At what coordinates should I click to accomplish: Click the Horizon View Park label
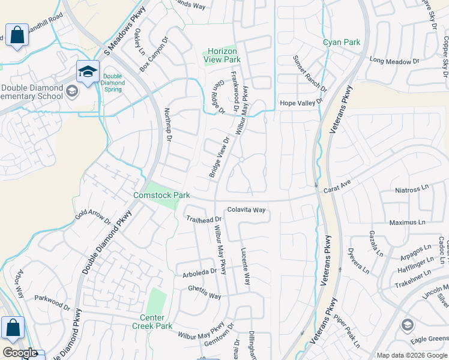(222, 55)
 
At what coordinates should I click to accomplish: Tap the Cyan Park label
(342, 42)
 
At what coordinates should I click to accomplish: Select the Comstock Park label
(161, 195)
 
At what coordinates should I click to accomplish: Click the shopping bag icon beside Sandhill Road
(16, 35)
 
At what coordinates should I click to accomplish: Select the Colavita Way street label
(246, 210)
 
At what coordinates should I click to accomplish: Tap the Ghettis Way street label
(204, 296)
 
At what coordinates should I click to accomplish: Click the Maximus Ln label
(406, 222)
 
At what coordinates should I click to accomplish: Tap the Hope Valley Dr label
(301, 103)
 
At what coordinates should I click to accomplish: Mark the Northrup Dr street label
(168, 125)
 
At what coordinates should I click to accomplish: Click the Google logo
(20, 353)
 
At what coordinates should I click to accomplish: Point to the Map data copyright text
(411, 355)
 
